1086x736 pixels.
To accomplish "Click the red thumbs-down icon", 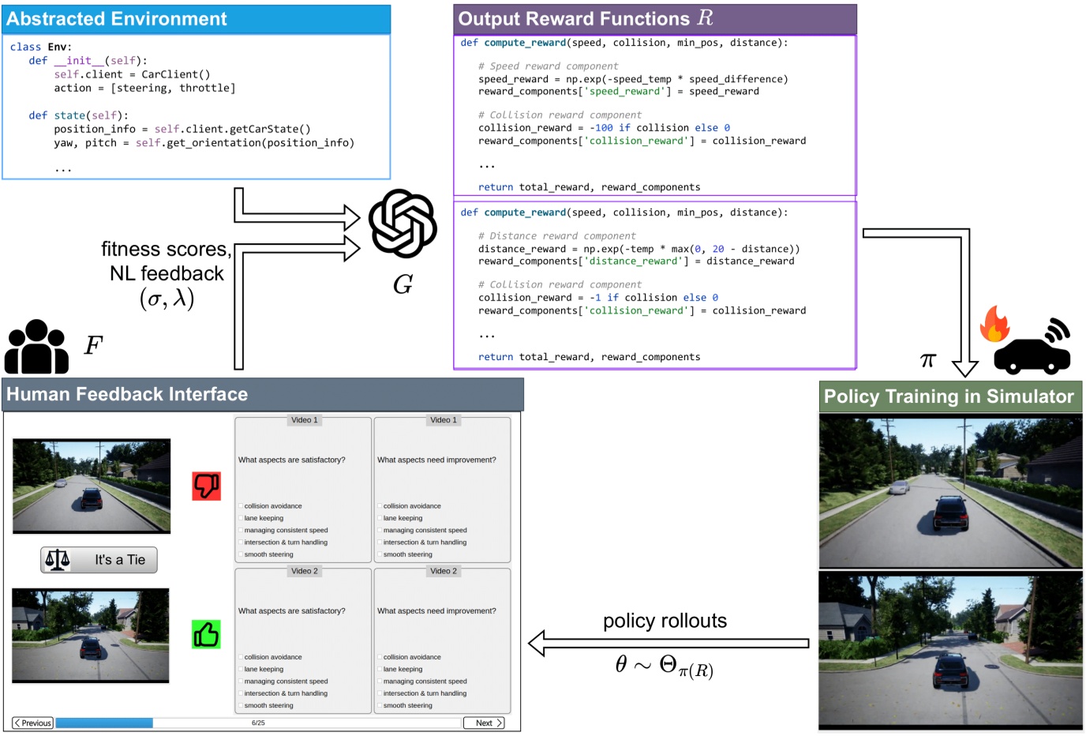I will (x=207, y=486).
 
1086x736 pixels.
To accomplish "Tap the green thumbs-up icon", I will (x=206, y=634).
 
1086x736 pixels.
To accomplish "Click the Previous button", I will (x=33, y=723).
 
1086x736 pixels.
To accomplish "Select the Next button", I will (x=484, y=723).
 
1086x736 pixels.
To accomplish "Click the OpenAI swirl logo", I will (x=403, y=223).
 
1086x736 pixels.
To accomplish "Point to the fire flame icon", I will (x=994, y=324).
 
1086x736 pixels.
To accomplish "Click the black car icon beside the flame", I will (x=1032, y=350).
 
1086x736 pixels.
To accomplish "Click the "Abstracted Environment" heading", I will (x=117, y=19).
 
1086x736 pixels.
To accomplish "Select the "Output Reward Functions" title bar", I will (x=585, y=19).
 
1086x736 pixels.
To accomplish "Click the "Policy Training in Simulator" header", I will (x=949, y=396).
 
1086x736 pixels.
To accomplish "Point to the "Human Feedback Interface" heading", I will (x=127, y=394).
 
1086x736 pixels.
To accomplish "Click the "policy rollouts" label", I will (x=665, y=621).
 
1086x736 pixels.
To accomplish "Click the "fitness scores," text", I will (x=166, y=250).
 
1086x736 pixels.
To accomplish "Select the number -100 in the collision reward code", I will (x=604, y=128).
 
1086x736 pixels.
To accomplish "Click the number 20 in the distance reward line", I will (x=718, y=249).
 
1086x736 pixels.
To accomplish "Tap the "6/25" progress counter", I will (x=258, y=723).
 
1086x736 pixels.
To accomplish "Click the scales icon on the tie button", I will (x=58, y=560).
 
